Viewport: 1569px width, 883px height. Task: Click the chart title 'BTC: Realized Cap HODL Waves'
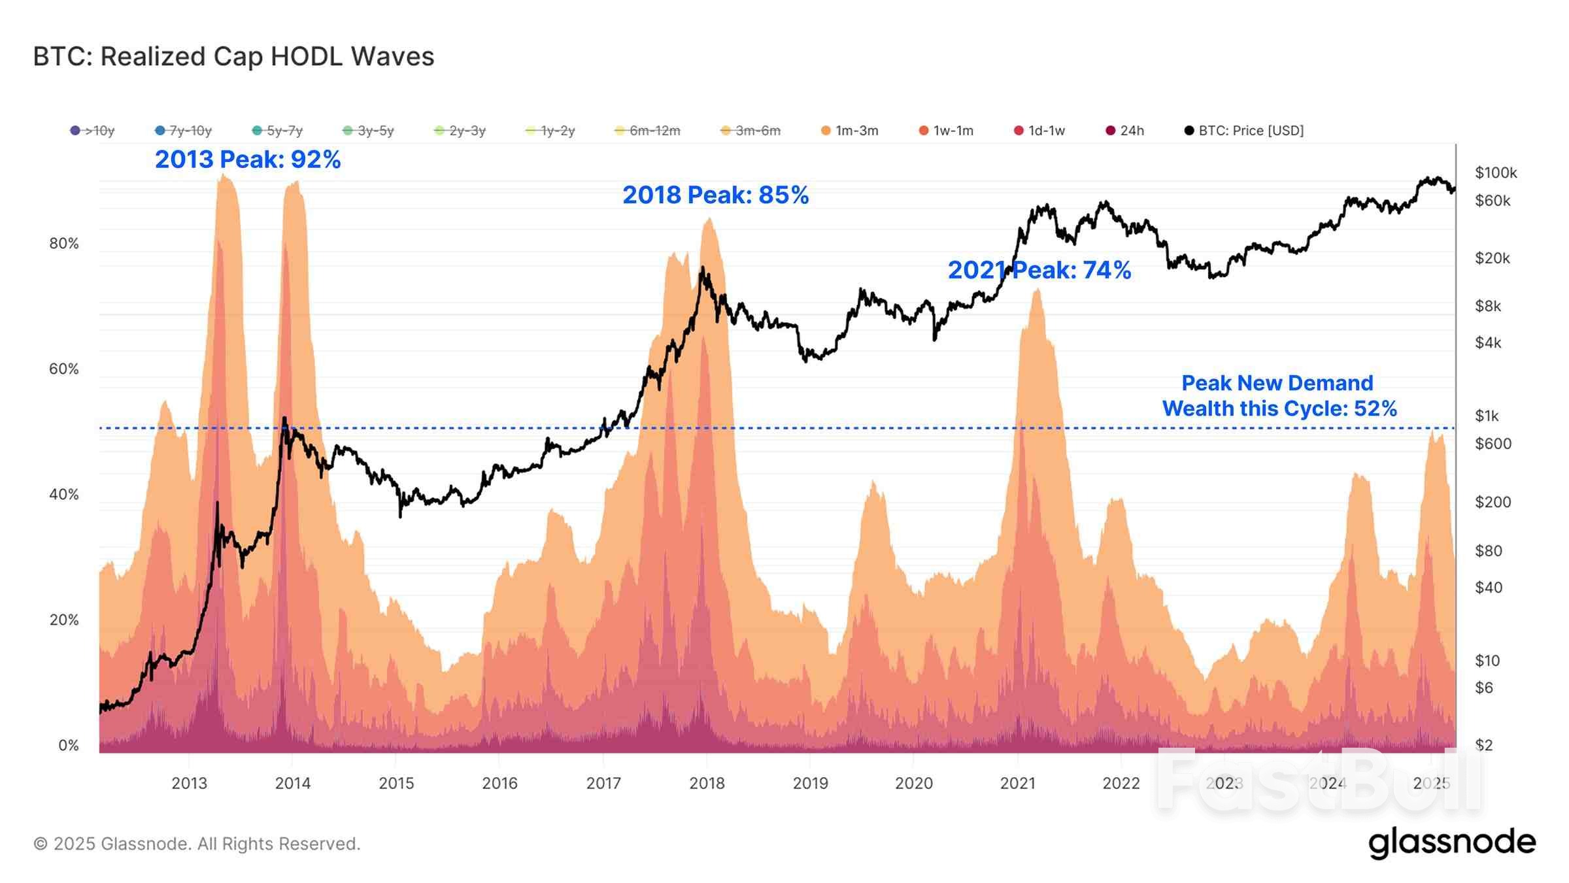point(233,57)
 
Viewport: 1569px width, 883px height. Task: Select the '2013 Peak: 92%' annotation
point(247,159)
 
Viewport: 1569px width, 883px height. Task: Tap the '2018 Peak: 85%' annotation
point(715,195)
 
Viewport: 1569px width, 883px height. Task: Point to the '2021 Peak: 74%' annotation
point(1039,270)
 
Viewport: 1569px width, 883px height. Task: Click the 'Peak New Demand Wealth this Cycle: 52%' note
point(1279,395)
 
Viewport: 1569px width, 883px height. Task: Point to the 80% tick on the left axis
point(64,244)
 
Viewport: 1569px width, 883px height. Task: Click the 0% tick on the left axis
point(68,745)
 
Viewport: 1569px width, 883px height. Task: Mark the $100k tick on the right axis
point(1495,173)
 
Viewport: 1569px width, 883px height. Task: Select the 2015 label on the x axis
point(396,783)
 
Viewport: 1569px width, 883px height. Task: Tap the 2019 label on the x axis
point(810,783)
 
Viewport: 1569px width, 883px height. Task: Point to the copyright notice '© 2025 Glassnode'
point(197,844)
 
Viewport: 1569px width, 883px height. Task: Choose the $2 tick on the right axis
point(1484,745)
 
